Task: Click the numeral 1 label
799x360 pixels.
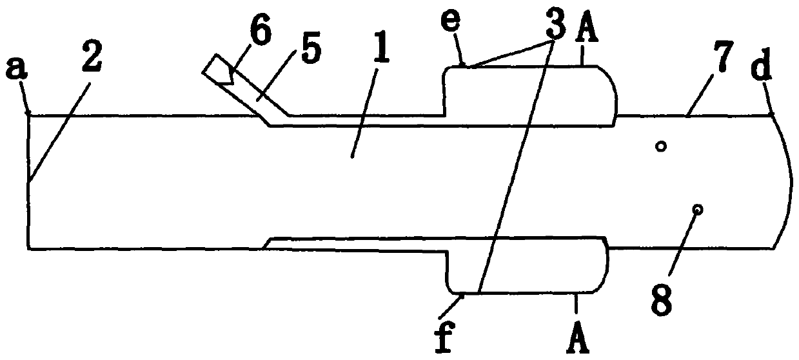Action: tap(381, 65)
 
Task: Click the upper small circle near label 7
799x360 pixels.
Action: tap(660, 147)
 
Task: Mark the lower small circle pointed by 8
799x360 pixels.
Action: tap(696, 209)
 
